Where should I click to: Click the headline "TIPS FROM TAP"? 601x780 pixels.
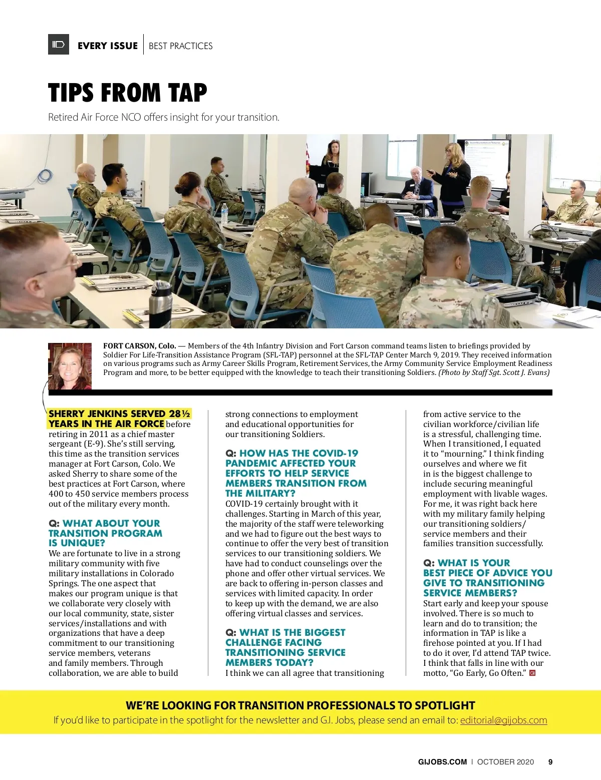[127, 93]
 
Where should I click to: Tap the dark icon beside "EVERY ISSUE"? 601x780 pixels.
[59, 45]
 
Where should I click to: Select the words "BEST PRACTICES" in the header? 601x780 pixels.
[180, 46]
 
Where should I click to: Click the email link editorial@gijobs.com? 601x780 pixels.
[503, 720]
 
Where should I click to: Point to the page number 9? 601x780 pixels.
[550, 762]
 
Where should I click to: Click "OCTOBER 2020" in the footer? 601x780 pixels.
[505, 762]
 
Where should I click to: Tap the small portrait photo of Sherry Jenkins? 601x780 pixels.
[70, 366]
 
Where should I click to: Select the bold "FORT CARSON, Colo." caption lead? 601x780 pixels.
[140, 346]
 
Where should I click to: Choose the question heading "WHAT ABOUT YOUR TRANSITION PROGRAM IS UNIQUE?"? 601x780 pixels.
[105, 533]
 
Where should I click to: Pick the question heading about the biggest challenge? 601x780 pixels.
[285, 647]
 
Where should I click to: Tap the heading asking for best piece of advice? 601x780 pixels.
[487, 578]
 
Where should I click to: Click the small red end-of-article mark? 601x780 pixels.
[532, 673]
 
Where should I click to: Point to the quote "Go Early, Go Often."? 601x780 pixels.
[489, 673]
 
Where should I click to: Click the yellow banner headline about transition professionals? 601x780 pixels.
[300, 705]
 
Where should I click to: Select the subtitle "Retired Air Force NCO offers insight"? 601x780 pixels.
[163, 117]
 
